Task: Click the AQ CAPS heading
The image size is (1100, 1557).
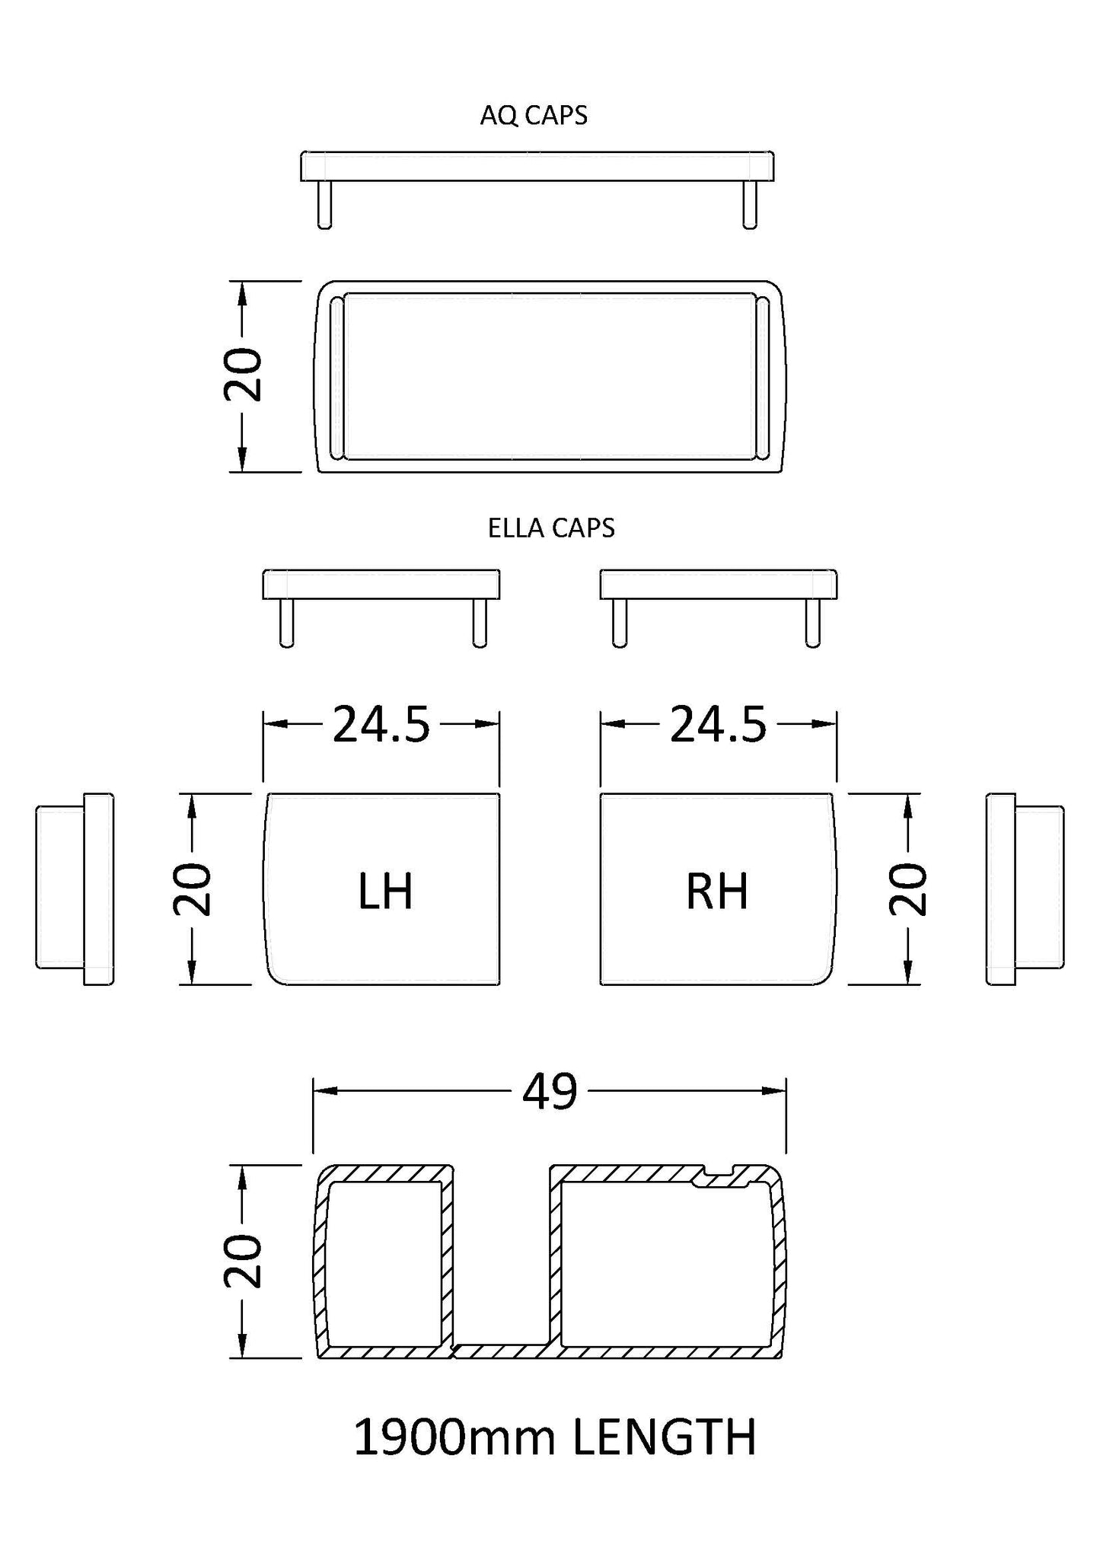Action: (534, 116)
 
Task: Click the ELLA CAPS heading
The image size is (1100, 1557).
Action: (551, 528)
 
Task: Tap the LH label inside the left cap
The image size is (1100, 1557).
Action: (385, 892)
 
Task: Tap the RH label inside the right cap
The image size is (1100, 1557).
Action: (717, 892)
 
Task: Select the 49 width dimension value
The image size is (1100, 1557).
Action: (550, 1091)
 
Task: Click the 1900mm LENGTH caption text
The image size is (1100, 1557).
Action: (555, 1437)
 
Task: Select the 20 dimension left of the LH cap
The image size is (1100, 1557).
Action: (192, 889)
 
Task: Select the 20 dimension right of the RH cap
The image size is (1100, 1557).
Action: (908, 889)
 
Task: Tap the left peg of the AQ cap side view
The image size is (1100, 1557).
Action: (324, 204)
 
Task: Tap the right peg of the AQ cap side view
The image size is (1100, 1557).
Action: (750, 204)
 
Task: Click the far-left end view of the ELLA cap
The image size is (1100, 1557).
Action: (75, 889)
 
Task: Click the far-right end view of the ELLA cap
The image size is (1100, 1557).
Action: (1025, 889)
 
